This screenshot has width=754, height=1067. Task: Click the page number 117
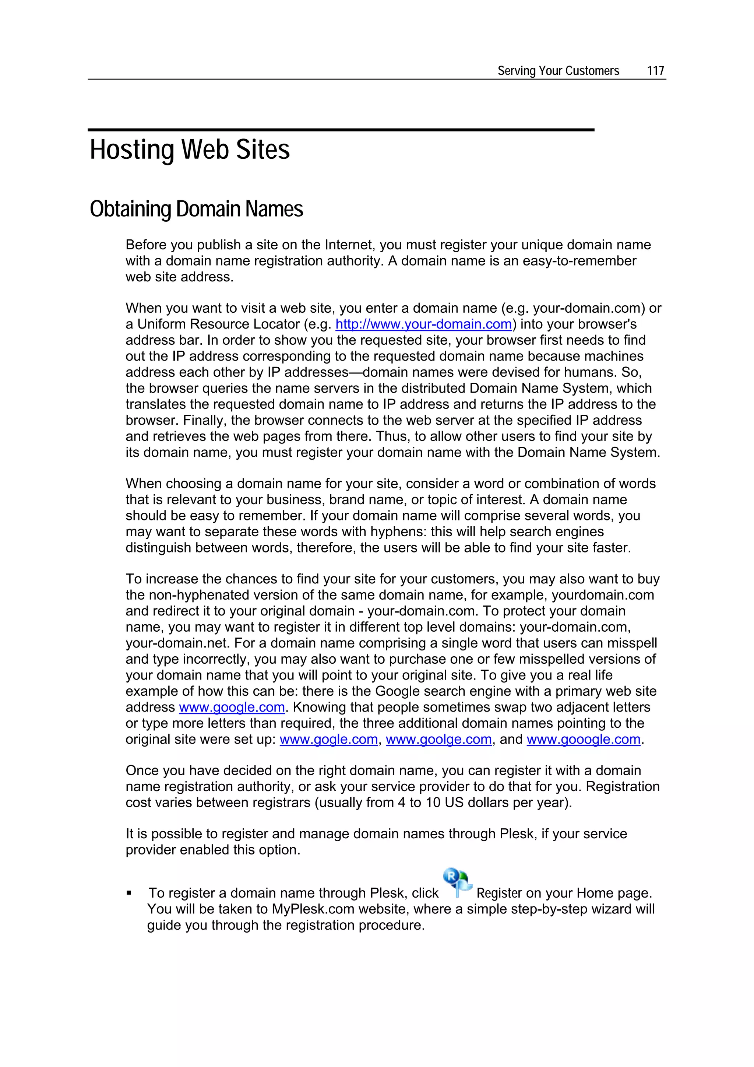(655, 71)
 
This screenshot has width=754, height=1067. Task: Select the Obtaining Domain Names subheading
(196, 209)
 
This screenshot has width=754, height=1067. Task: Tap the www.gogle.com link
(328, 739)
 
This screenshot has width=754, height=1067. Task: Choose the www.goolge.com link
(438, 739)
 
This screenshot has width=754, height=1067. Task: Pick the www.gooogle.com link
(583, 739)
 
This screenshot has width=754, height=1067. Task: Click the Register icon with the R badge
(457, 882)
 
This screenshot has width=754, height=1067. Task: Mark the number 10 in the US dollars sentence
(433, 803)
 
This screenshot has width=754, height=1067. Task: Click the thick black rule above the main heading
(341, 130)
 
